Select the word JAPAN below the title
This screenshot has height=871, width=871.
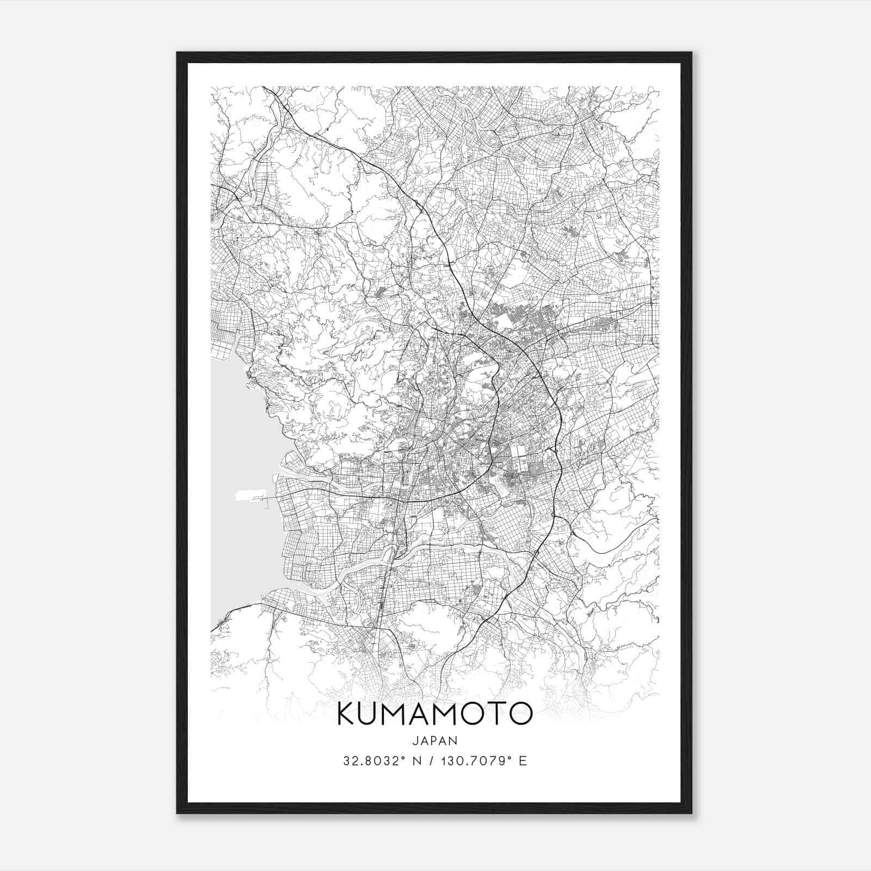click(434, 741)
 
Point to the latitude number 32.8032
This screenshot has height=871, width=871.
click(369, 761)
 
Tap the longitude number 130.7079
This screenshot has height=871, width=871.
click(480, 761)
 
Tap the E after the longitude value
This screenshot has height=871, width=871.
click(523, 761)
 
